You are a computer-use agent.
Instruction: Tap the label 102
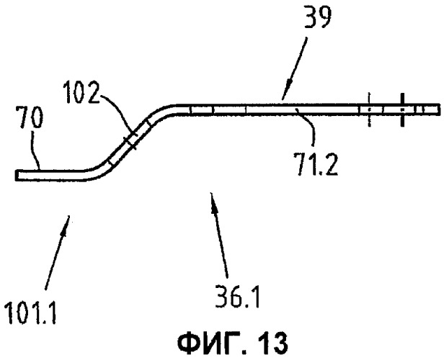81,92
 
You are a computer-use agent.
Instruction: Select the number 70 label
29,117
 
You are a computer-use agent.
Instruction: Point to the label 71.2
315,163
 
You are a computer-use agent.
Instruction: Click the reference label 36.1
237,297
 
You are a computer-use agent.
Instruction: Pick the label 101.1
31,312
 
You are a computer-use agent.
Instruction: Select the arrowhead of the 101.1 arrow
65,225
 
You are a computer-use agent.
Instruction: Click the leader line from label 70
35,149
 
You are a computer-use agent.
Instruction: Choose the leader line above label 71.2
306,125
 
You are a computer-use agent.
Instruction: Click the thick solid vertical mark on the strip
402,109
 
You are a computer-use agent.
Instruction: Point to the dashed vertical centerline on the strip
369,109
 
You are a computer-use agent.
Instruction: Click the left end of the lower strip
17,176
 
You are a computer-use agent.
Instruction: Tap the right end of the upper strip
439,109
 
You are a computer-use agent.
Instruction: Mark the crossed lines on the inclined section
130,140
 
